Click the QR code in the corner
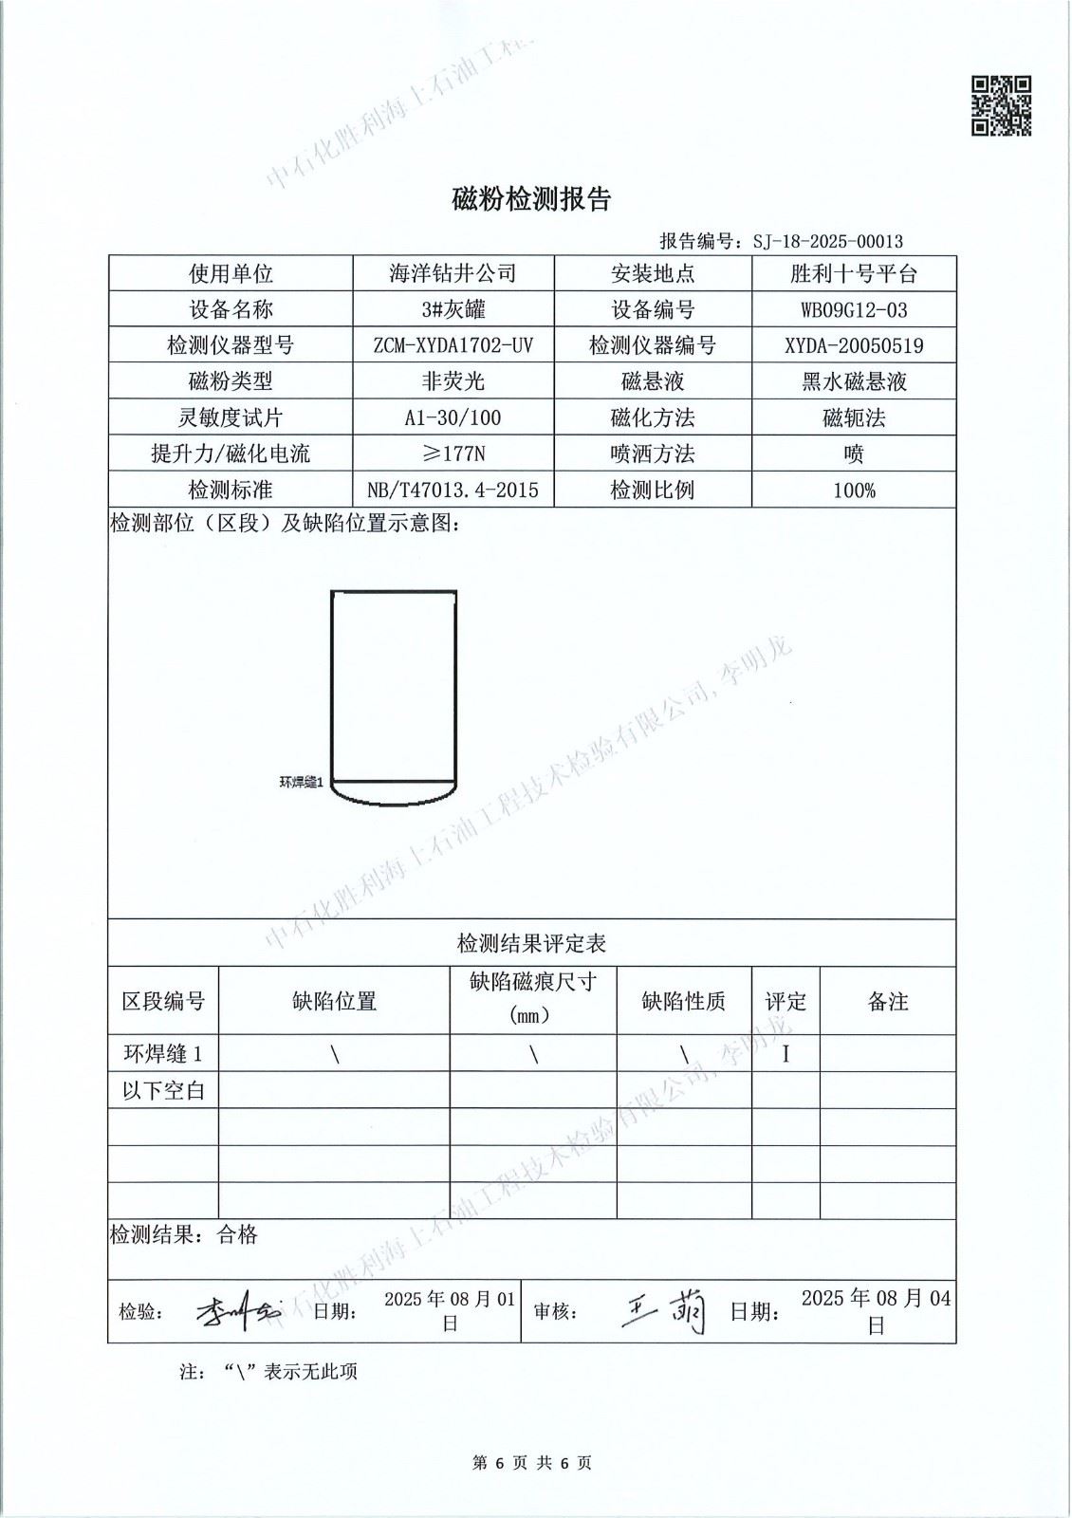[1001, 106]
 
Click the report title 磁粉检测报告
[531, 199]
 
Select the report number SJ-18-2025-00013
[827, 241]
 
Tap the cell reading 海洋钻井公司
[453, 274]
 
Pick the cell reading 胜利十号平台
[853, 274]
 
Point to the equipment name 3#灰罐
[453, 309]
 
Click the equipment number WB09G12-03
[853, 309]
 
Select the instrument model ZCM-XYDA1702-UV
[453, 345]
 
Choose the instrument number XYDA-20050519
[853, 345]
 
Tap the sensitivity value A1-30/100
[453, 417]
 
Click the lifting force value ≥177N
[453, 454]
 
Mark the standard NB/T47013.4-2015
[453, 490]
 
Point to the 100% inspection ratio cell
[853, 490]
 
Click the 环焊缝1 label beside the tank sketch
[302, 783]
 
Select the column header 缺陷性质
[683, 1001]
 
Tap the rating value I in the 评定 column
[786, 1053]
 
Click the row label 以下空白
[163, 1090]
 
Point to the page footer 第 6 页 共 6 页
[531, 1463]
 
